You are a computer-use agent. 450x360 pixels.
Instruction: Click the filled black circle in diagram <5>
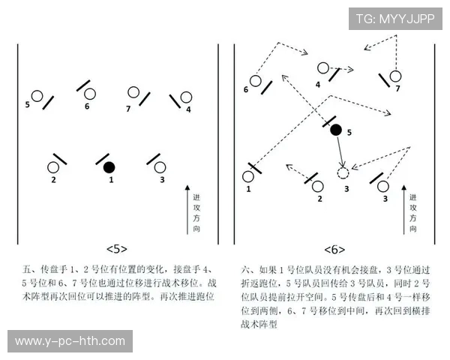point(109,166)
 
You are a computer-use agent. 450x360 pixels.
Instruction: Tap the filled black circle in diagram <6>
point(336,130)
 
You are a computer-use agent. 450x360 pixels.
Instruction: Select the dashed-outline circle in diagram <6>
point(343,173)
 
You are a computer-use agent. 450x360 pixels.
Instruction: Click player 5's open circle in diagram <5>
point(37,96)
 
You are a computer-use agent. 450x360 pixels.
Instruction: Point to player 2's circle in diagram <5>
point(54,166)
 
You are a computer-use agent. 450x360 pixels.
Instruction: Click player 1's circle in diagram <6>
point(248,177)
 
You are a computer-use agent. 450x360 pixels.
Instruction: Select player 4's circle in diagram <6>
point(323,68)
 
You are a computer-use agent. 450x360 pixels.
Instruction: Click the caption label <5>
point(116,249)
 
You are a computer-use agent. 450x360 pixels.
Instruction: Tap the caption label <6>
point(335,249)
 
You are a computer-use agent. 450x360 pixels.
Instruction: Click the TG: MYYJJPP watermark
point(394,18)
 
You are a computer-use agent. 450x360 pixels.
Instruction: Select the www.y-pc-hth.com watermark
point(70,341)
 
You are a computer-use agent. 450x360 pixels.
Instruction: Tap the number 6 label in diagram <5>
point(87,106)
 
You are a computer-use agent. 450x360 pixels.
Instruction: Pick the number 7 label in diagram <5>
point(128,109)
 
